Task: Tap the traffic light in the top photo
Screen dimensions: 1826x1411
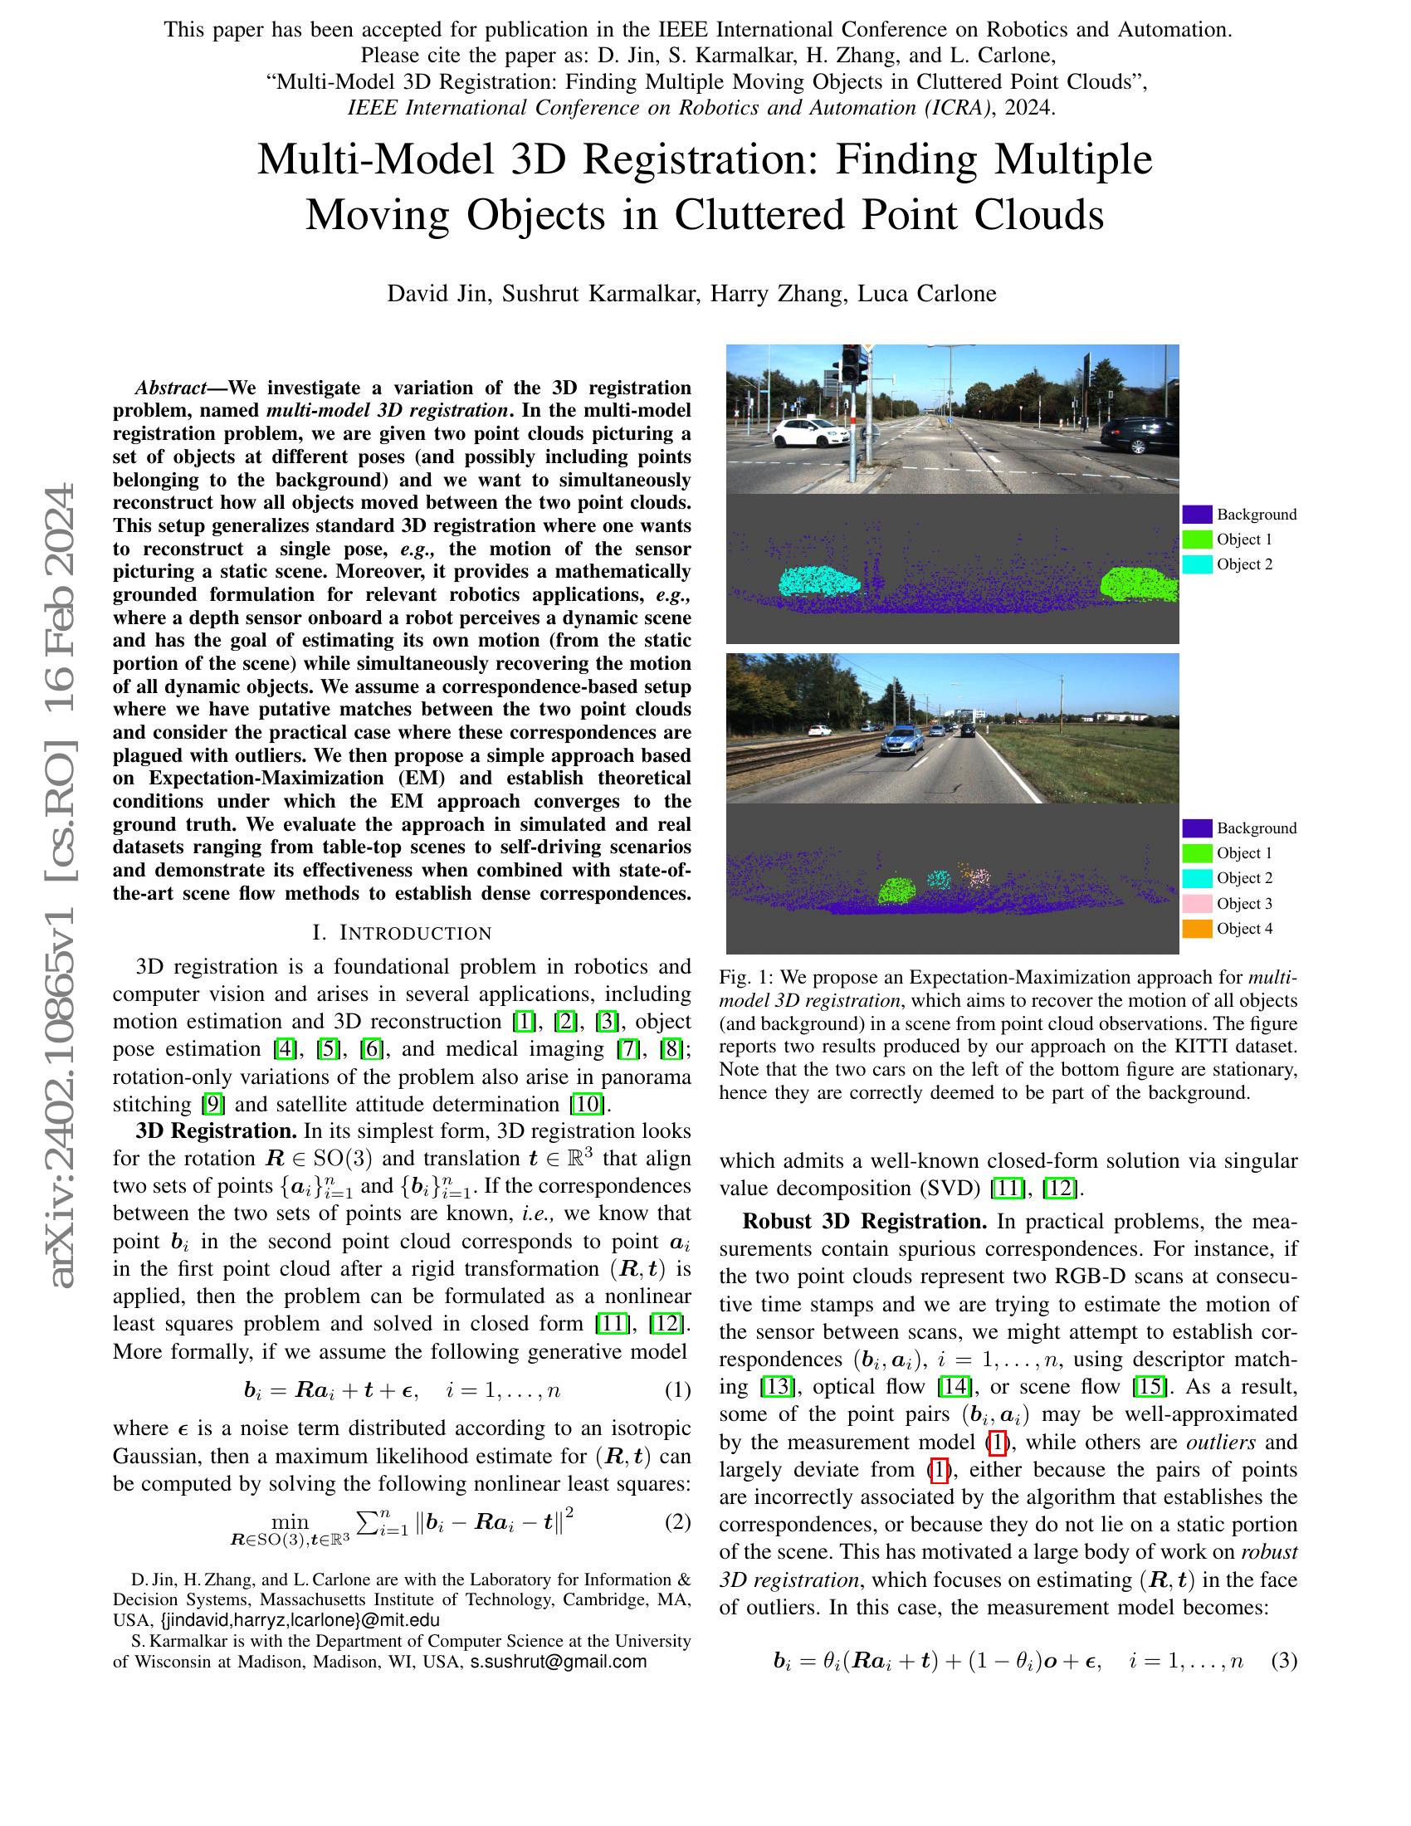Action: coord(850,365)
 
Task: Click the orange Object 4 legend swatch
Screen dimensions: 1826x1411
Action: coord(1197,928)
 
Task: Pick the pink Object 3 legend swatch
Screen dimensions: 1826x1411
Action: coord(1197,903)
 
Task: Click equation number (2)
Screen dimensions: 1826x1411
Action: coord(677,1521)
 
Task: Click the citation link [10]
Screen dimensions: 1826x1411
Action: coord(587,1104)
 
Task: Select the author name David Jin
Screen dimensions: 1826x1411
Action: coord(437,294)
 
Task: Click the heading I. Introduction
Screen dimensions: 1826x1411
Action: coord(401,932)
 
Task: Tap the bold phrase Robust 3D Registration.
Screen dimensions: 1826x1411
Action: coord(864,1222)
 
